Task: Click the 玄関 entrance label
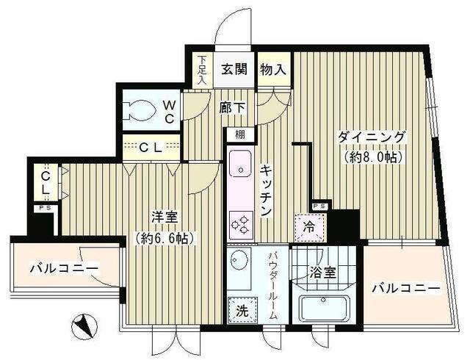(234, 71)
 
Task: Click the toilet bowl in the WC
(139, 111)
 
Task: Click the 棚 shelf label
(240, 134)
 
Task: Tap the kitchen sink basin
(239, 163)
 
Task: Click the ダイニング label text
(372, 137)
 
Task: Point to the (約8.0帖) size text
(372, 156)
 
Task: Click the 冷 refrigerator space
(309, 226)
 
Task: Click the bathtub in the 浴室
(323, 307)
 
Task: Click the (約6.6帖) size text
(164, 237)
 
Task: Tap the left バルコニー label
(64, 269)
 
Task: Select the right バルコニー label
(405, 288)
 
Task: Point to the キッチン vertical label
(266, 190)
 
